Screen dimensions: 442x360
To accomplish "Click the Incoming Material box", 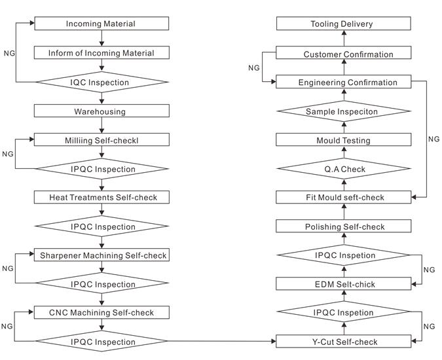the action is (101, 24).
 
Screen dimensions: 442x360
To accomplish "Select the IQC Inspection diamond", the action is (102, 82).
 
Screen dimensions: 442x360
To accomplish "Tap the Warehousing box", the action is (101, 111).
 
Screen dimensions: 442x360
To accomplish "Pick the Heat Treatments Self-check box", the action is (101, 197).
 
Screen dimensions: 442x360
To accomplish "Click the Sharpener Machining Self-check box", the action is (101, 255).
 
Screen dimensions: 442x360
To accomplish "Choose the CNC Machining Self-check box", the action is (101, 312).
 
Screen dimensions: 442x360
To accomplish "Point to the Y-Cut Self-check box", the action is (344, 342).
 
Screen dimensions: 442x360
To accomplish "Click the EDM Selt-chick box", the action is (344, 283).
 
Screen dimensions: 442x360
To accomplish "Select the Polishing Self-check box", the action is (344, 226).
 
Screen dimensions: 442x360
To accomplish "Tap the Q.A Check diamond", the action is (344, 169).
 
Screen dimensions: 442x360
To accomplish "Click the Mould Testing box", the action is (344, 139).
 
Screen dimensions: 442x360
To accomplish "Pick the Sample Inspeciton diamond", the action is (344, 111).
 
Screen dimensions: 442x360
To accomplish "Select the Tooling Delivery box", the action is (344, 24).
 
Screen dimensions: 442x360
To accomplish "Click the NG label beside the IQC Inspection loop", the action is (9, 53).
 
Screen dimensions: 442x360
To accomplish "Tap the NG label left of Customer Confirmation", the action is (253, 68).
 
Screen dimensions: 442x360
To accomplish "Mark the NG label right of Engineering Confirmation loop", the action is (433, 139).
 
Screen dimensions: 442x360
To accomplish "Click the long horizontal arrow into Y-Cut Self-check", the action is (221, 341).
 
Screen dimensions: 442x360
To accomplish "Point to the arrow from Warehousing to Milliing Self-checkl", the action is (101, 126).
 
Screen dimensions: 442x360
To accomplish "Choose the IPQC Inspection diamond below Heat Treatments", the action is (102, 226).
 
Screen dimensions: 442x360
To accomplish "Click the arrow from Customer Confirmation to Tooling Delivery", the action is (344, 38).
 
